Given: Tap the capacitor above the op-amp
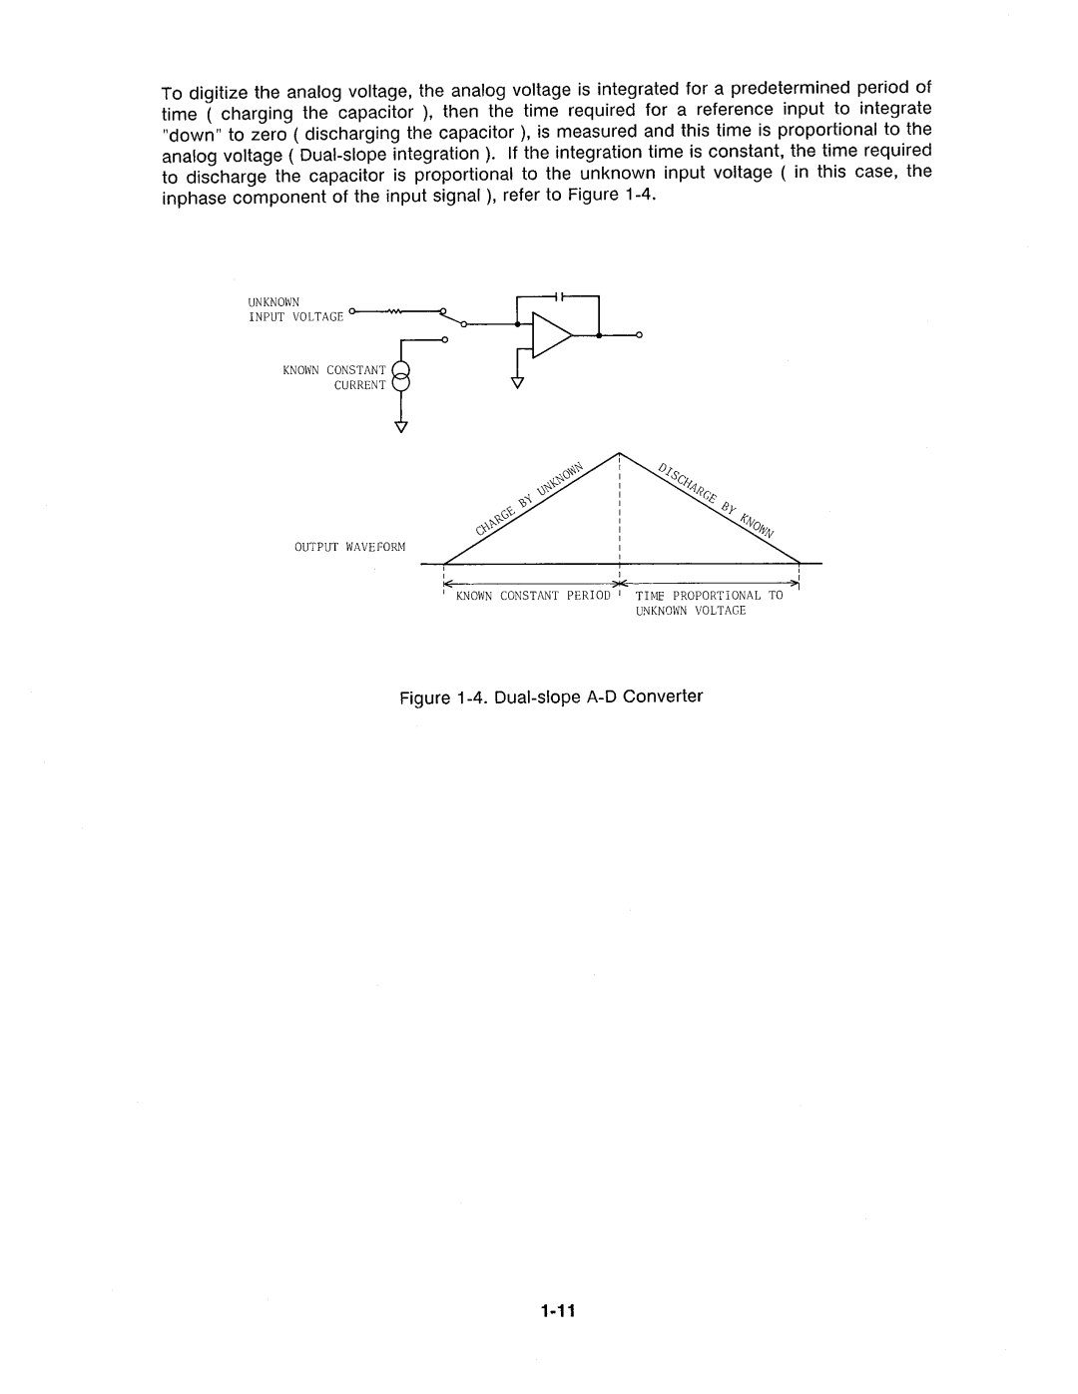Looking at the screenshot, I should pyautogui.click(x=560, y=296).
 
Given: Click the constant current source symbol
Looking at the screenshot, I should pyautogui.click(x=400, y=378).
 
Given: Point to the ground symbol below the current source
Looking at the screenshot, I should pyautogui.click(x=401, y=427).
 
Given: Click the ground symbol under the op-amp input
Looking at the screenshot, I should pyautogui.click(x=517, y=382).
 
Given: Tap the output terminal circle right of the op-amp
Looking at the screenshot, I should pyautogui.click(x=639, y=335).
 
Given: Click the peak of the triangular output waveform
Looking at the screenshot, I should pyautogui.click(x=621, y=453).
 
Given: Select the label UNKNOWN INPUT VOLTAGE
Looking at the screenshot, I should pyautogui.click(x=295, y=308).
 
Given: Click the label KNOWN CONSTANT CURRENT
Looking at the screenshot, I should pyautogui.click(x=333, y=377).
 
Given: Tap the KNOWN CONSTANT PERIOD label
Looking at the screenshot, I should pyautogui.click(x=533, y=595).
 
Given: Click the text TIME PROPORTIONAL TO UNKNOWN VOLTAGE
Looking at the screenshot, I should pyautogui.click(x=709, y=602).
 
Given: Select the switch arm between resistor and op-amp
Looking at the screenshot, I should pyautogui.click(x=454, y=317).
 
